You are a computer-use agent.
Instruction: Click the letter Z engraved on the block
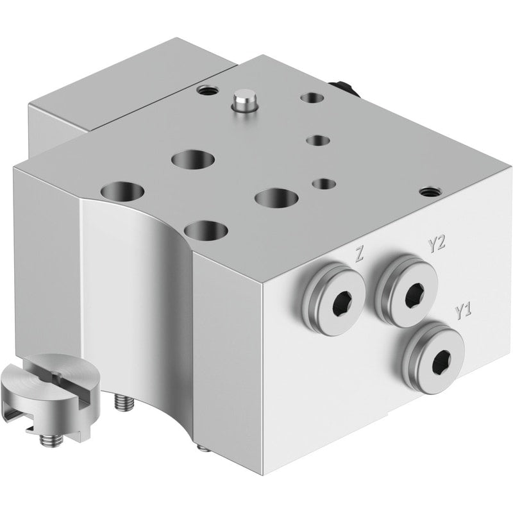point(359,254)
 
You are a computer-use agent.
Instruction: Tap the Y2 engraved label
point(437,244)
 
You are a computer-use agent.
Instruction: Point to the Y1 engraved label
point(464,311)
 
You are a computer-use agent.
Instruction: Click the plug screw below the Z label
point(333,299)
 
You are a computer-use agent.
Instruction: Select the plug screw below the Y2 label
point(407,290)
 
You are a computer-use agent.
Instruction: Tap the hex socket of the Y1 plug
point(442,362)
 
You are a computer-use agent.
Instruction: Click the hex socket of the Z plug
point(342,303)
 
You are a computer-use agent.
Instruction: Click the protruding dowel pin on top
point(244,102)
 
